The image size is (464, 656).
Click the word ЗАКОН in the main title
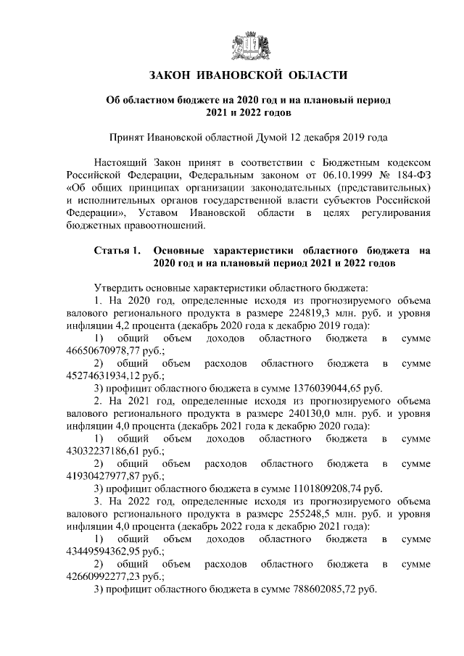click(x=173, y=75)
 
